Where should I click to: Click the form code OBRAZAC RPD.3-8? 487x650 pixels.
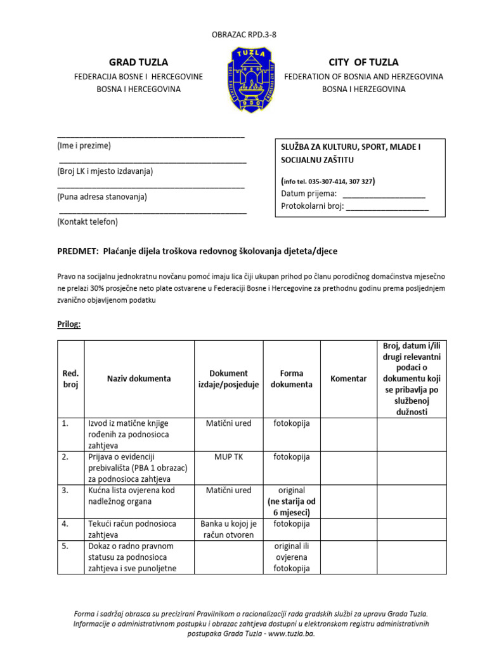(243, 35)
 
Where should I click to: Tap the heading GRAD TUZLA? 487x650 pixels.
(138, 62)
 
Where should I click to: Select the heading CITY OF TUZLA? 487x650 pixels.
(363, 62)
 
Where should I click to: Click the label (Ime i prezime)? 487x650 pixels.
(84, 145)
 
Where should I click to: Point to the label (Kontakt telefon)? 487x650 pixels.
(88, 222)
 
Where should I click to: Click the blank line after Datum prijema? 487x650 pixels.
(384, 194)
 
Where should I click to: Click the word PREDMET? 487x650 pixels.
(77, 251)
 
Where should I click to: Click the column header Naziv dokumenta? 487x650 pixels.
(139, 378)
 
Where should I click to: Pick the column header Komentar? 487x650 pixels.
(349, 378)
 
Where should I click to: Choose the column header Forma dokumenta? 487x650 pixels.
(292, 379)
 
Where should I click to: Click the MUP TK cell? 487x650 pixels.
(228, 456)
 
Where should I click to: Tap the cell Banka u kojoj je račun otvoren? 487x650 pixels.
(228, 529)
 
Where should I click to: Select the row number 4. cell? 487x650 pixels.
(65, 524)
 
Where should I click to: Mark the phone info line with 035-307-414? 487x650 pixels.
(328, 182)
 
